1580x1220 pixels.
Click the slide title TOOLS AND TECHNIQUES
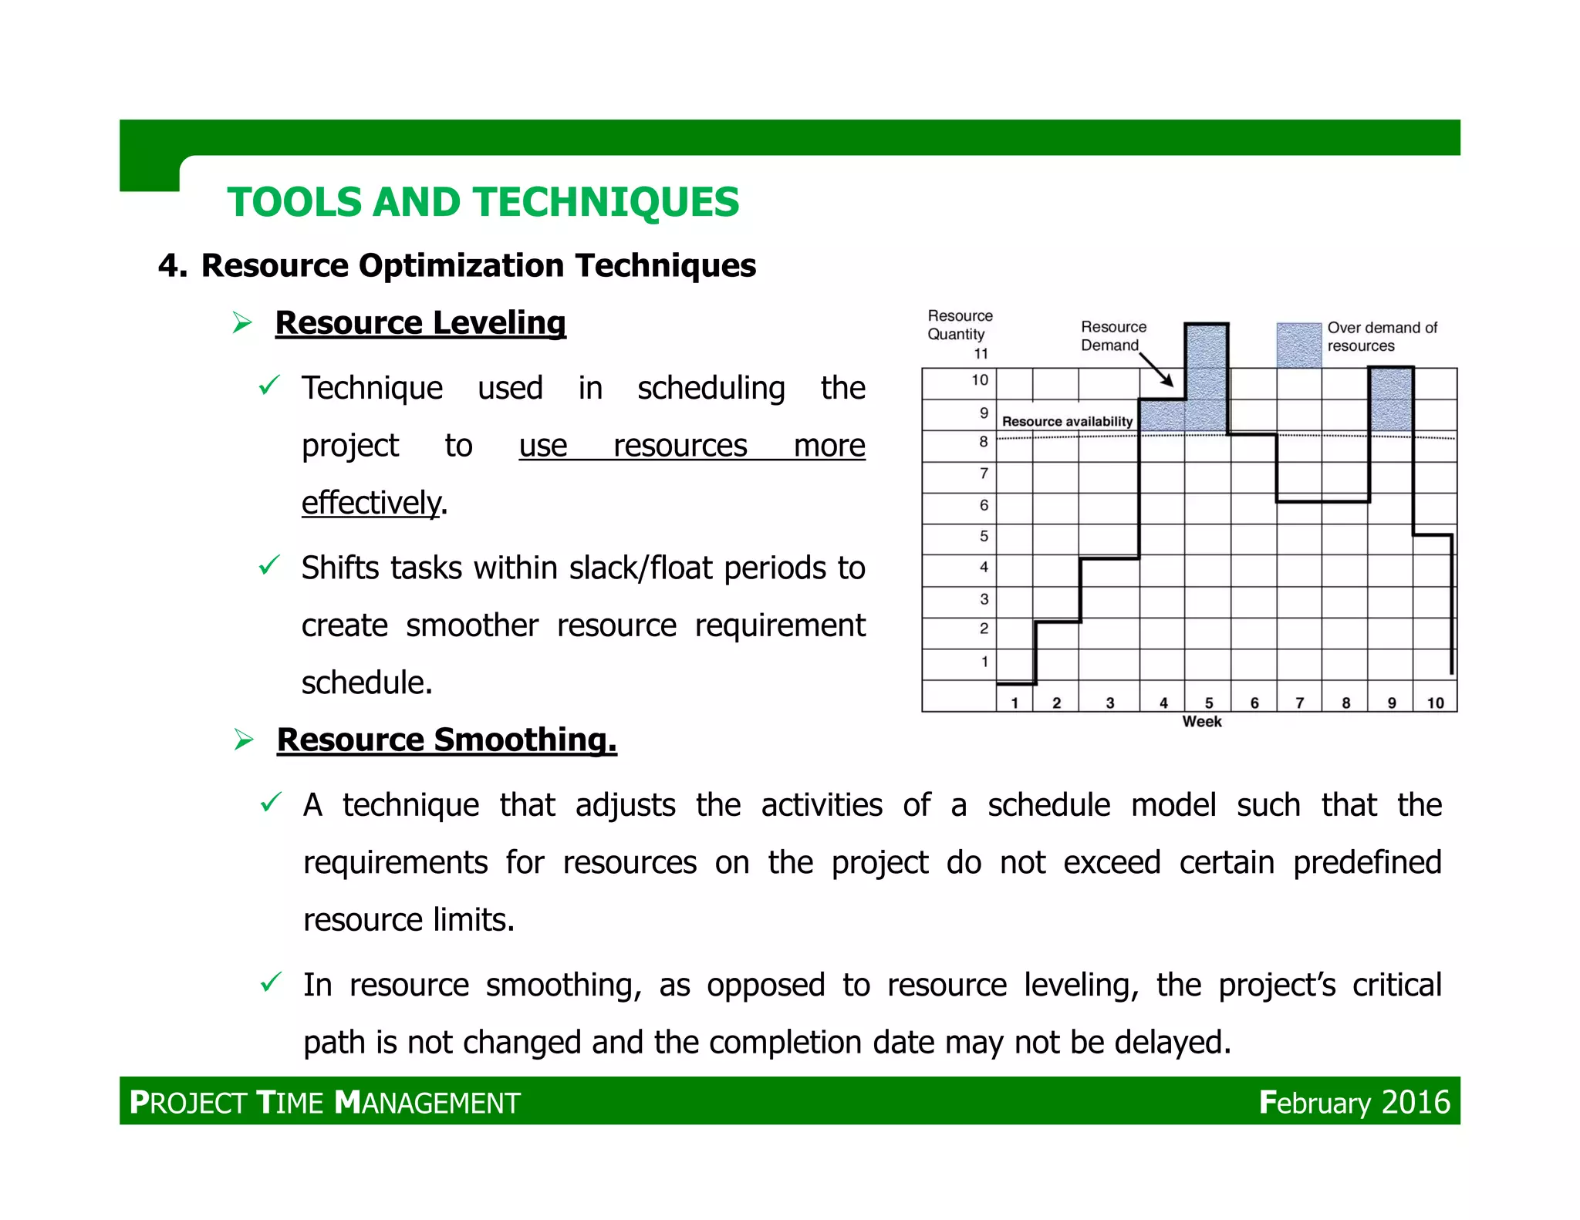click(482, 202)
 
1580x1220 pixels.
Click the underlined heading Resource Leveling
click(420, 322)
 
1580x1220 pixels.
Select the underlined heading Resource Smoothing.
click(446, 740)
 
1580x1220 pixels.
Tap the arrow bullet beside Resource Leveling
click(242, 322)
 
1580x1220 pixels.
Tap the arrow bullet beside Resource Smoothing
click(244, 740)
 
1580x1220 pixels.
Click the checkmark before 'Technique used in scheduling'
click(268, 385)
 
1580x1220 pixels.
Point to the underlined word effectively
click(371, 503)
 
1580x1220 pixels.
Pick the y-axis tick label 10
click(979, 380)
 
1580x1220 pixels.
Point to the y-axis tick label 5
click(984, 536)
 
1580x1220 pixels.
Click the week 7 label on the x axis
click(1299, 703)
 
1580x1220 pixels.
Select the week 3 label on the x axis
click(1109, 703)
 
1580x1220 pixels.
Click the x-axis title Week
click(1201, 722)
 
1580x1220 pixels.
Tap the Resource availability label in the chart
click(1067, 422)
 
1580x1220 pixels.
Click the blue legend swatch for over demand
click(1298, 345)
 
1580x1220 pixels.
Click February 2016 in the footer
click(1354, 1102)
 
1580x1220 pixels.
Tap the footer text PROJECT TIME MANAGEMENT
click(325, 1103)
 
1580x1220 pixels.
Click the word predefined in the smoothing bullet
click(1366, 862)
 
